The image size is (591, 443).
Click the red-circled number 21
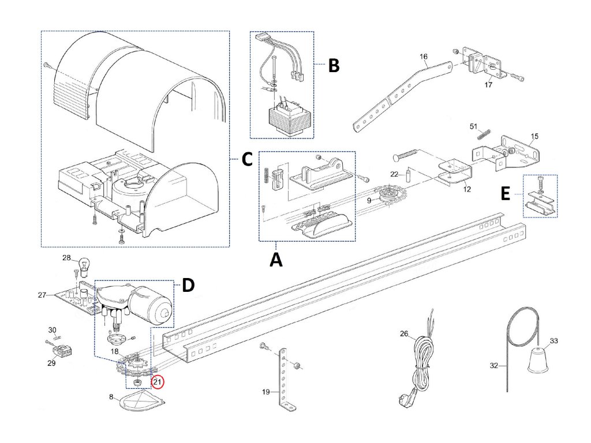pos(158,381)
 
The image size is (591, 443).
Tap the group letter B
pos(334,65)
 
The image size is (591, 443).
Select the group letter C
pos(246,160)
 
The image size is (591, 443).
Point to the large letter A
pos(276,260)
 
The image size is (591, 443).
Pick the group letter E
pos(506,194)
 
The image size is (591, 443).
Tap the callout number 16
pos(424,57)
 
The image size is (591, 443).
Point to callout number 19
pos(266,392)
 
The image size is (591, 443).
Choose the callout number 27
pos(42,295)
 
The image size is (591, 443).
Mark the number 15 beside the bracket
pos(534,136)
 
